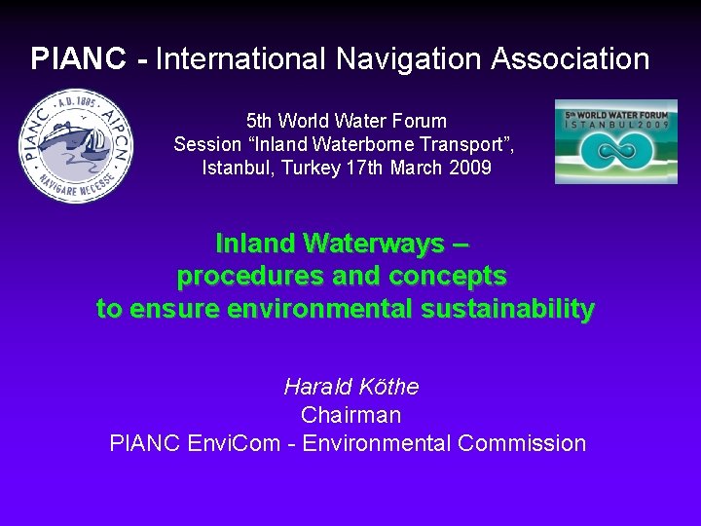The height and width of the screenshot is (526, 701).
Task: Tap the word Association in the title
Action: tap(570, 59)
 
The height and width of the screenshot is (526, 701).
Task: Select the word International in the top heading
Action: tap(241, 59)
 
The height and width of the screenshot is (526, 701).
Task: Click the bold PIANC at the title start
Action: tap(78, 59)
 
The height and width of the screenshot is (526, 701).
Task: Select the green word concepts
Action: tap(447, 276)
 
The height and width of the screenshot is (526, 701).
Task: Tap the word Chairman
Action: tap(350, 415)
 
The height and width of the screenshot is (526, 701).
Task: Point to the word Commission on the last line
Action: tap(521, 443)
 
